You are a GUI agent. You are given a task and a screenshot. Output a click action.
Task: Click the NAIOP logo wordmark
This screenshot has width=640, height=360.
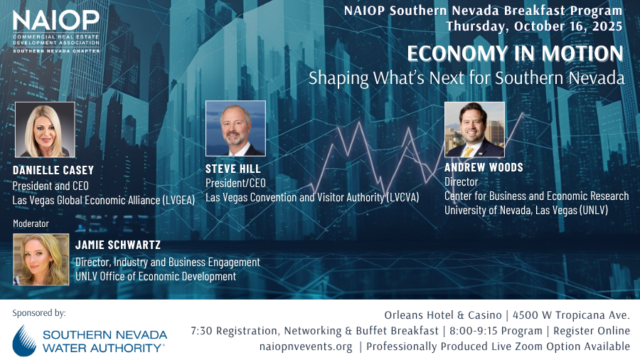pyautogui.click(x=56, y=21)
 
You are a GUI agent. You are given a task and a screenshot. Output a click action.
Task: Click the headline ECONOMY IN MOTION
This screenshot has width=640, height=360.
pyautogui.click(x=515, y=54)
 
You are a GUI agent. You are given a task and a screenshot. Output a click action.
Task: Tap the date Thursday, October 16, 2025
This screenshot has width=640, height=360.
pyautogui.click(x=534, y=26)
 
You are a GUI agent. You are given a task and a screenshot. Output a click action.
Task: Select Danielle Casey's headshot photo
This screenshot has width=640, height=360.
pyautogui.click(x=45, y=129)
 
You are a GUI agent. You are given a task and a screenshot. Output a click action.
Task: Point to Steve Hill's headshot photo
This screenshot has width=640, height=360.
pyautogui.click(x=235, y=129)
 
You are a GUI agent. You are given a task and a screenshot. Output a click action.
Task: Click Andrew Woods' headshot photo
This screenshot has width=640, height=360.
pyautogui.click(x=474, y=129)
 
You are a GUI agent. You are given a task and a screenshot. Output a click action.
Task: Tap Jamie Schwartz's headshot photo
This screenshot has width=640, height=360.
pyautogui.click(x=41, y=259)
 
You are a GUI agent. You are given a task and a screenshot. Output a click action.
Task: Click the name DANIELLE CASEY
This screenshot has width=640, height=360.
pyautogui.click(x=53, y=170)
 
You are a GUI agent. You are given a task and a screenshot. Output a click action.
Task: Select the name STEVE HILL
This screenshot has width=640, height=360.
pyautogui.click(x=233, y=169)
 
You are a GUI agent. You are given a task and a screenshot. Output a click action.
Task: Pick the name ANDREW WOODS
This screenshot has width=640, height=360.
pyautogui.click(x=484, y=167)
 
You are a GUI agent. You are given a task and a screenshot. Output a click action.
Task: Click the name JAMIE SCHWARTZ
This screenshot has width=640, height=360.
pyautogui.click(x=118, y=245)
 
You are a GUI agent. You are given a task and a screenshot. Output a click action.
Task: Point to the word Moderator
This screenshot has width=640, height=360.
pyautogui.click(x=31, y=223)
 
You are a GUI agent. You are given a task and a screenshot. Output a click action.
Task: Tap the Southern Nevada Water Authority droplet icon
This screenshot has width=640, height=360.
pyautogui.click(x=24, y=341)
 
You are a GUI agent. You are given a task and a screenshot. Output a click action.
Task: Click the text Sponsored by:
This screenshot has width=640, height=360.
pyautogui.click(x=39, y=314)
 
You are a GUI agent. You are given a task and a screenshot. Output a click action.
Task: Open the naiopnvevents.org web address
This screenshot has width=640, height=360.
pyautogui.click(x=306, y=346)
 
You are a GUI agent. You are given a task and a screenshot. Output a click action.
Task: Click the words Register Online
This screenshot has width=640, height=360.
pyautogui.click(x=592, y=331)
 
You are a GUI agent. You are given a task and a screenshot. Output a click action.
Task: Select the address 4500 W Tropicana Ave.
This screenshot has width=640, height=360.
pyautogui.click(x=571, y=315)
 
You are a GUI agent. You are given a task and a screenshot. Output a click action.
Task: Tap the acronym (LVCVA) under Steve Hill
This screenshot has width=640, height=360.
pyautogui.click(x=402, y=198)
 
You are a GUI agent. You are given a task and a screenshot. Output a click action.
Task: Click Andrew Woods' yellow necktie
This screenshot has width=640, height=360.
pyautogui.click(x=469, y=152)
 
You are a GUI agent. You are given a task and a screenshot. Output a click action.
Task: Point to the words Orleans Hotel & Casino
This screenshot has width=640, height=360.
pyautogui.click(x=443, y=315)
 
